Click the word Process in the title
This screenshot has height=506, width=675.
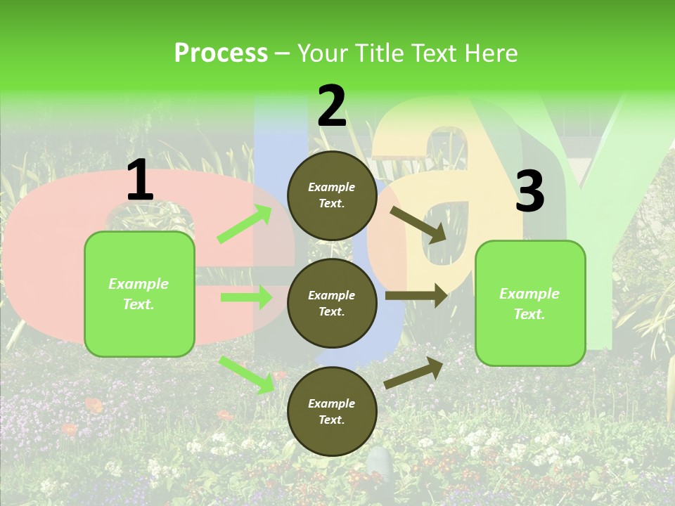pos(221,53)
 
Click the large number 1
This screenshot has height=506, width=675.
pos(140,181)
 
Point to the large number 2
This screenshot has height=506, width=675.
pos(332,106)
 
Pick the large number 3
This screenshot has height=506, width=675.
pos(529,191)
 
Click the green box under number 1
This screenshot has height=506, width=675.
pos(139,294)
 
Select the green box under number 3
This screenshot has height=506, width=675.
pos(530,304)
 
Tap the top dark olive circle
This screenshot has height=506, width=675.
pos(332,195)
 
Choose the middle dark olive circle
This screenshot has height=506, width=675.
pos(332,303)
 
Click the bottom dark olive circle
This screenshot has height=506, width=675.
pos(332,411)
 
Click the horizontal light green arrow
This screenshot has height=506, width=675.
pos(246,298)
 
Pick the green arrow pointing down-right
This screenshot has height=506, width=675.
pos(247,375)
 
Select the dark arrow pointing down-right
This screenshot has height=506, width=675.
pos(418,224)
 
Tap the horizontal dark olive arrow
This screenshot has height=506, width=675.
pos(416,296)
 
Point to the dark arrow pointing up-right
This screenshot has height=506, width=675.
pos(413,372)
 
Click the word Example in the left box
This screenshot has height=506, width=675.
pos(139,284)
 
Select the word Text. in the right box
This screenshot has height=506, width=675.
pos(529,314)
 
